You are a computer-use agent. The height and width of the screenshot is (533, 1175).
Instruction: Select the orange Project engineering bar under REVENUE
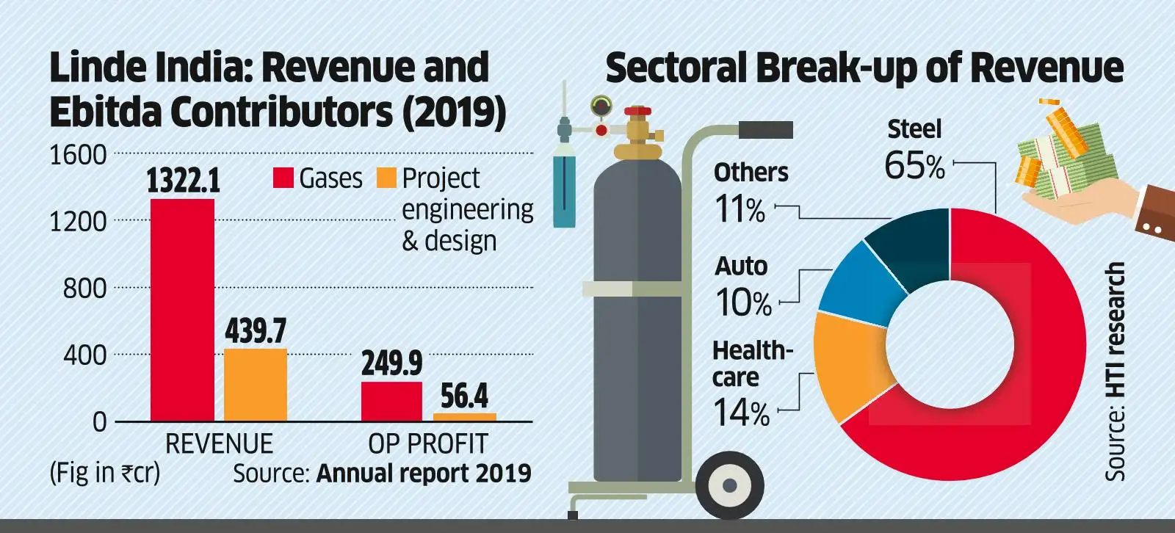pos(255,385)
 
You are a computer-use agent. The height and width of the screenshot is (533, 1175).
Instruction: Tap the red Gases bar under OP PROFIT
pos(391,402)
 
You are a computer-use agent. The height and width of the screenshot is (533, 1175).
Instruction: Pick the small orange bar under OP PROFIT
pos(464,417)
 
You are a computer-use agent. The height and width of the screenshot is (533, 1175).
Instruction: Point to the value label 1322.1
pos(183,181)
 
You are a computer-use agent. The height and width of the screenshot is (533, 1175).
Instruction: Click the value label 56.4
pos(464,396)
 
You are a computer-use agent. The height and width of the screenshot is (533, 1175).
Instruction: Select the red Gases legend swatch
pos(283,178)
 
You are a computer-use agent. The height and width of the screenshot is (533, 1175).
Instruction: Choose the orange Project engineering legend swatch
pos(386,178)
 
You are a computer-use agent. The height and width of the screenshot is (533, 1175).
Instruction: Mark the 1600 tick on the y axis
pos(78,155)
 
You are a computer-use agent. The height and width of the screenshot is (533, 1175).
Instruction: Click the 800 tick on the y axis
pos(84,289)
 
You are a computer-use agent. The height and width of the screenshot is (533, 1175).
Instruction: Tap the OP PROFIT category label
pos(427,444)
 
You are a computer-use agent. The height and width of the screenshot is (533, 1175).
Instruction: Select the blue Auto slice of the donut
pos(852,283)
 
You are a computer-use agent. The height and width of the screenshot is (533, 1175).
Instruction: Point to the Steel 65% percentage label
pos(914,166)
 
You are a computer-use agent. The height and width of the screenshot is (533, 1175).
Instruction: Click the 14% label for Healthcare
pos(741,413)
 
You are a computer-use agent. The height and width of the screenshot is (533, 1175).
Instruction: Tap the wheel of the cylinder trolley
pos(730,485)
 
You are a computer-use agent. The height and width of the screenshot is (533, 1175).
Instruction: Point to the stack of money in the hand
pos(1065,154)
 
